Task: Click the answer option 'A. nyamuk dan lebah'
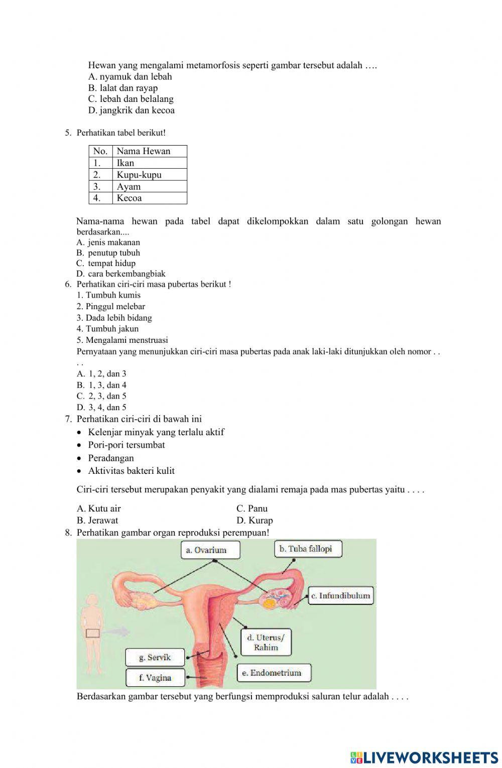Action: point(130,77)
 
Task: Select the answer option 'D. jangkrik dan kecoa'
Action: point(132,110)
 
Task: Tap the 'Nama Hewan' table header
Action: point(144,151)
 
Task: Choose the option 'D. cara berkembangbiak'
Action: point(121,274)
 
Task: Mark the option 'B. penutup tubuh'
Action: point(108,253)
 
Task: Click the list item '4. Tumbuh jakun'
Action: point(107,329)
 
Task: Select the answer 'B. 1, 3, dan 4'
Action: point(102,385)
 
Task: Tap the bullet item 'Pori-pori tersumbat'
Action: point(127,445)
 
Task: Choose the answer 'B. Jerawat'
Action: point(98,521)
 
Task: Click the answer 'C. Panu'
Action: point(252,508)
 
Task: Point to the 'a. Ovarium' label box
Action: point(210,550)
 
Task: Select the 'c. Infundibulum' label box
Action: point(340,596)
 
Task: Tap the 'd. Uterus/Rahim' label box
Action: point(266,643)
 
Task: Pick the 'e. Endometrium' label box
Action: point(274,673)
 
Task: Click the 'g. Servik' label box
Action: point(155,658)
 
